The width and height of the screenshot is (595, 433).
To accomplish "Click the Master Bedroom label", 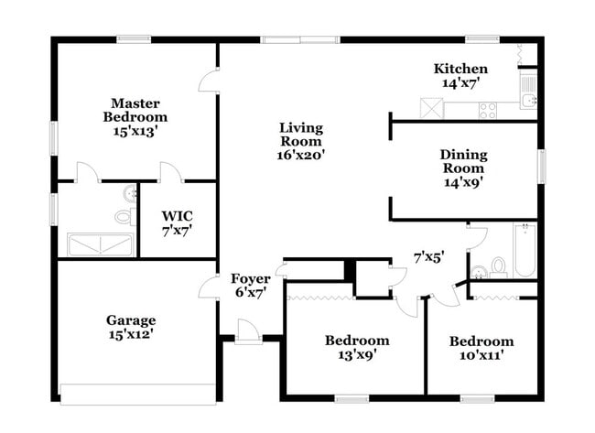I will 135,116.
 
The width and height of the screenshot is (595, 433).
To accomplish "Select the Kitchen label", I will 460,75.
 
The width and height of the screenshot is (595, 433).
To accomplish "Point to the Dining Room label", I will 463,168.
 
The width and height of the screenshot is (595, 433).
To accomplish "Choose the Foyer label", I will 250,286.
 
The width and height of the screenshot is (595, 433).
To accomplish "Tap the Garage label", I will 131,327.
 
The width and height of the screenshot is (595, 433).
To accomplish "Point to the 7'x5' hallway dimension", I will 428,257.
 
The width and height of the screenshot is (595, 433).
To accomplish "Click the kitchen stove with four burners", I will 487,110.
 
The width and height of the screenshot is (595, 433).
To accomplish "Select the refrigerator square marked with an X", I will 431,108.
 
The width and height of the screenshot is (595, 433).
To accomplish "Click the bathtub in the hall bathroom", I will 525,250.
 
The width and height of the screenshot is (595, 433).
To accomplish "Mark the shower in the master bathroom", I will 100,244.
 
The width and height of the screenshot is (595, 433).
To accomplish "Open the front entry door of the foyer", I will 247,330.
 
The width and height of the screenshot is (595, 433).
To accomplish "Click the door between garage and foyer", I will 210,287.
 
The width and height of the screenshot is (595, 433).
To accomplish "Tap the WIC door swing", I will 169,172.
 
